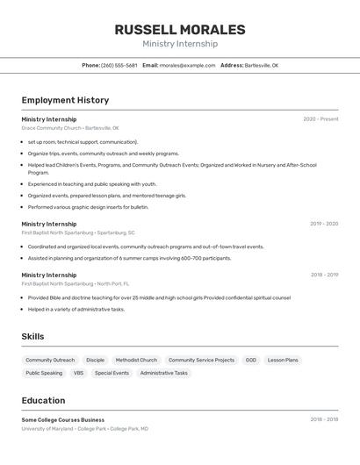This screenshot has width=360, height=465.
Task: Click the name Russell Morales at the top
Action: tap(180, 30)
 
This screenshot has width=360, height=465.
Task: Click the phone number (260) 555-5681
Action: tap(119, 65)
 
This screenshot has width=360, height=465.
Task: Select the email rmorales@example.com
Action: tap(187, 65)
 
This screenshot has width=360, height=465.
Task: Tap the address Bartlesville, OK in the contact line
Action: tap(261, 65)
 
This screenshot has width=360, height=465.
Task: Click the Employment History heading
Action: tap(65, 100)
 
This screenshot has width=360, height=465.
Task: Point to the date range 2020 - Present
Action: tap(320, 119)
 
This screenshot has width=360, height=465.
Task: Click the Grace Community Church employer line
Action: tap(70, 128)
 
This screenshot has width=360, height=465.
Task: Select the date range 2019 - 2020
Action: tap(323, 224)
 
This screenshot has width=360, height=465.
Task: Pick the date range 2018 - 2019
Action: tap(323, 275)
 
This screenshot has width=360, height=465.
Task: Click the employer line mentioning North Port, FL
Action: tap(76, 283)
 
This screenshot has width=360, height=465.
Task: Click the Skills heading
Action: tap(33, 336)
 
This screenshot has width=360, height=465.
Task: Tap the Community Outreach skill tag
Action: tap(50, 360)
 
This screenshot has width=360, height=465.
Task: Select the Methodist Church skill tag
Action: tap(136, 360)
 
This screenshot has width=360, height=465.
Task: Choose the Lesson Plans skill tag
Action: tap(283, 360)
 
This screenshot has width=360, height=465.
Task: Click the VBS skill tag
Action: tap(78, 373)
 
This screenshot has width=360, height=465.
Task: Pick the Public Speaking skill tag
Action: tap(44, 373)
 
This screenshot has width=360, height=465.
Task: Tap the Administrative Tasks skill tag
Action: tap(163, 373)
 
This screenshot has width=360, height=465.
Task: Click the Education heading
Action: tap(43, 400)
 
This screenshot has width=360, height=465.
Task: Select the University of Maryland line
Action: tap(85, 429)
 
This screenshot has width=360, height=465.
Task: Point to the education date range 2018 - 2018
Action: tap(323, 419)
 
